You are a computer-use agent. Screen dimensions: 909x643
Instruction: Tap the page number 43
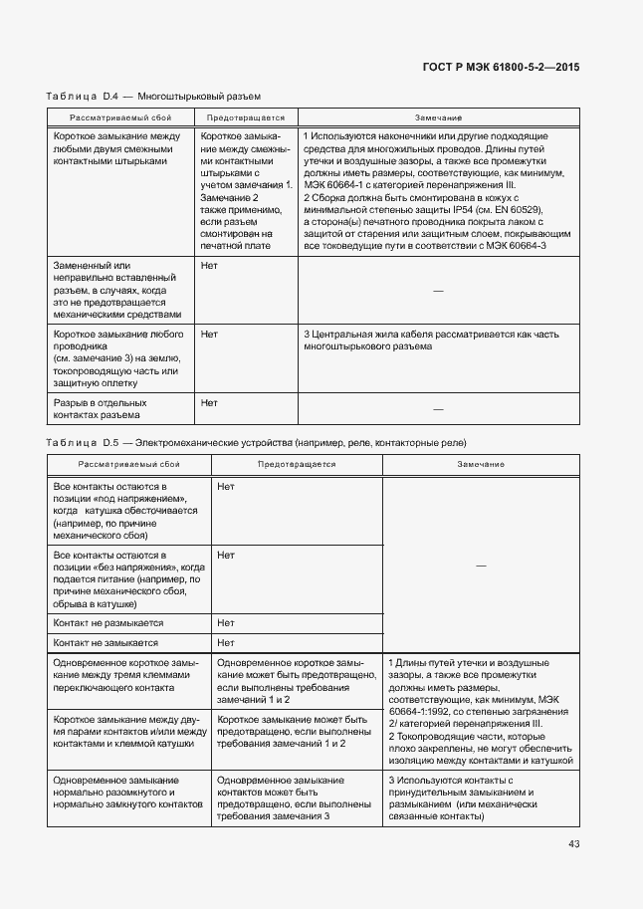(x=573, y=844)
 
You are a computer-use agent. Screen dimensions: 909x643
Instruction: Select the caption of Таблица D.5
(x=256, y=442)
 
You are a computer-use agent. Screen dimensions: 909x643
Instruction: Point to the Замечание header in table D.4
(x=438, y=117)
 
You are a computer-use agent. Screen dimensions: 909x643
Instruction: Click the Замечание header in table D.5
(x=481, y=465)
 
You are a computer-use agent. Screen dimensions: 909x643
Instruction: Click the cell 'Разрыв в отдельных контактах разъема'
(x=97, y=409)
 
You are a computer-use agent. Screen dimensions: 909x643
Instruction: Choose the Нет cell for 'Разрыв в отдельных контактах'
(x=209, y=402)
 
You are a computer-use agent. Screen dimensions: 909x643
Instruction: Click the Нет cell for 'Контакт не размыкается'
(x=226, y=623)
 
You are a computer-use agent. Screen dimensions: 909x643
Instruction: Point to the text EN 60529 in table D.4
(x=516, y=210)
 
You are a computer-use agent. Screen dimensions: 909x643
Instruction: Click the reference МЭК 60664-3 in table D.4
(x=536, y=245)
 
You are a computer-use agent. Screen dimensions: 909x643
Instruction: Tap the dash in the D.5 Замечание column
(x=480, y=566)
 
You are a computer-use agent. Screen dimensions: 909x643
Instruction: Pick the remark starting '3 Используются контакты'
(x=460, y=798)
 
